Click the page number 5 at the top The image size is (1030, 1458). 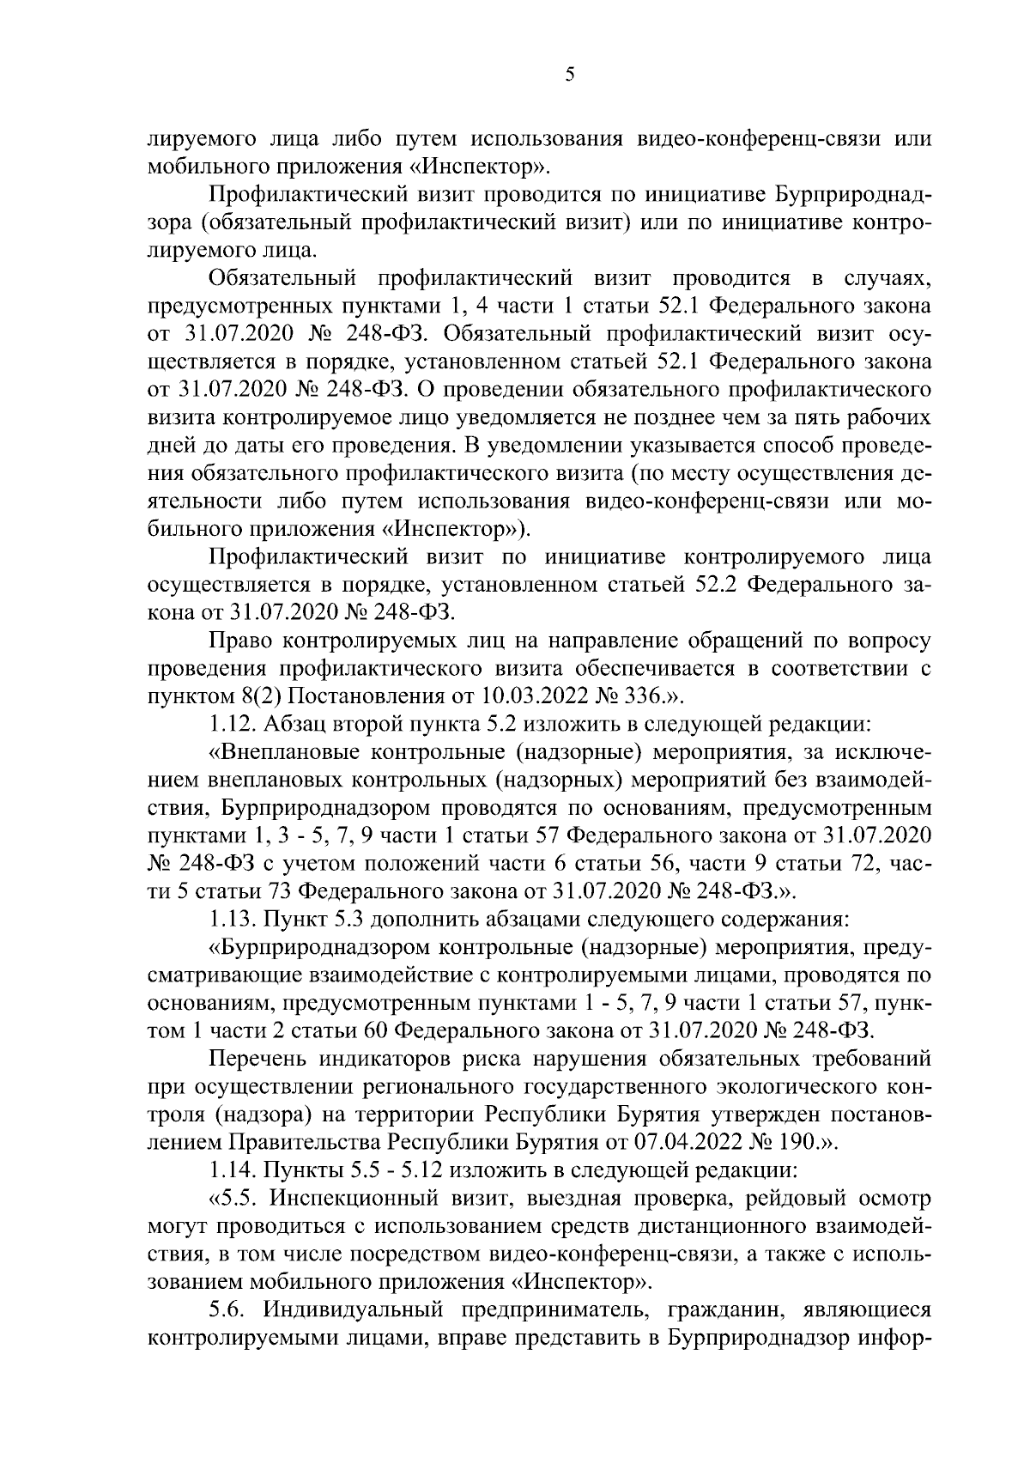(570, 75)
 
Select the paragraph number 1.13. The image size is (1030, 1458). (232, 918)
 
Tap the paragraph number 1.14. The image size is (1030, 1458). (232, 1169)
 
